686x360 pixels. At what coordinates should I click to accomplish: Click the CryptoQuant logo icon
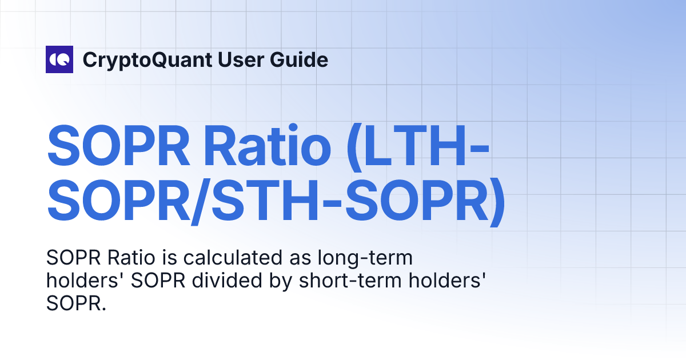[59, 59]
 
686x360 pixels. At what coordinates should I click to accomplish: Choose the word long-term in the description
[365, 259]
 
